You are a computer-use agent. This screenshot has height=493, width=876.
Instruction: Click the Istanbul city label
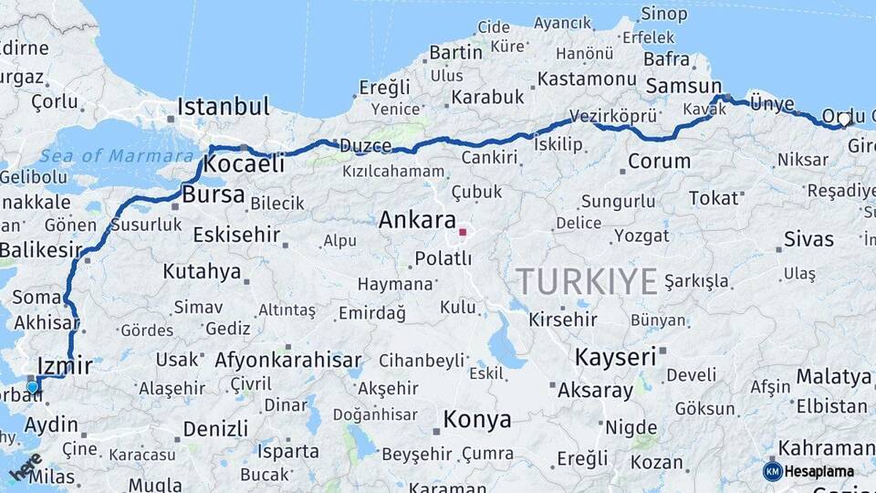point(224,107)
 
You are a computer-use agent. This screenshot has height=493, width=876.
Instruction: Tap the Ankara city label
point(417,220)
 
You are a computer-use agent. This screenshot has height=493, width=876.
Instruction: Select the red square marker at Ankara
point(463,232)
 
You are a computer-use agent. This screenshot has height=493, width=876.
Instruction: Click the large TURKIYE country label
point(587,281)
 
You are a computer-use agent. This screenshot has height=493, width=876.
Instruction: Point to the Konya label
point(477,420)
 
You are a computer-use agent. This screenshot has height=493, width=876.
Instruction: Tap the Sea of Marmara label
point(105,156)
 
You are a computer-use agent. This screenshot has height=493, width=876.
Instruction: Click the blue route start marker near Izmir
point(33,386)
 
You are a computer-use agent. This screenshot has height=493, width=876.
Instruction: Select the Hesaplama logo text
point(818,471)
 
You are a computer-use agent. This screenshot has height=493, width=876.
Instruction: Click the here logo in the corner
point(26,467)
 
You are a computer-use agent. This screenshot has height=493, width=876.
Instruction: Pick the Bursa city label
point(214,194)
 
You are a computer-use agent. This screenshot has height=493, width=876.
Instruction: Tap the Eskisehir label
point(236,235)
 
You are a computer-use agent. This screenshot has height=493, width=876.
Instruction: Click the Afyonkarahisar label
point(288,361)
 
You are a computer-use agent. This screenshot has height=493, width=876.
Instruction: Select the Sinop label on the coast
point(663,14)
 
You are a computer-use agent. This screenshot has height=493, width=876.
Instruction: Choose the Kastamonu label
point(586,79)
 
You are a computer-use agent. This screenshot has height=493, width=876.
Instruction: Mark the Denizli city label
point(215,428)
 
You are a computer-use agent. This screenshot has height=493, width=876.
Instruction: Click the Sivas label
point(808,239)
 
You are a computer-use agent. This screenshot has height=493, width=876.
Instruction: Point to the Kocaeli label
point(244,164)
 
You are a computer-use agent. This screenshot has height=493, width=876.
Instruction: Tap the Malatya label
point(833,376)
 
